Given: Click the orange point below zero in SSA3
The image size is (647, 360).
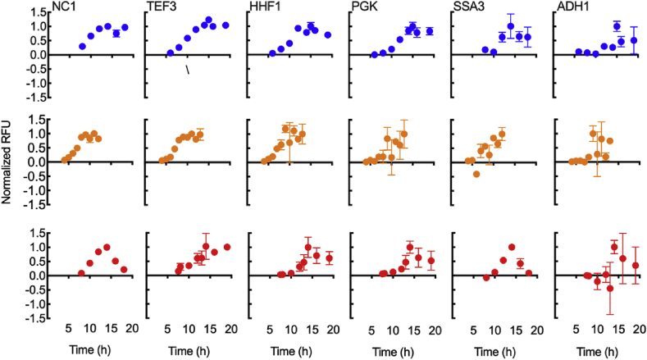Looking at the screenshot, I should point(476,174).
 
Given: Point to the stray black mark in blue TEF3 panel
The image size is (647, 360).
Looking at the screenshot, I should point(188,71).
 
